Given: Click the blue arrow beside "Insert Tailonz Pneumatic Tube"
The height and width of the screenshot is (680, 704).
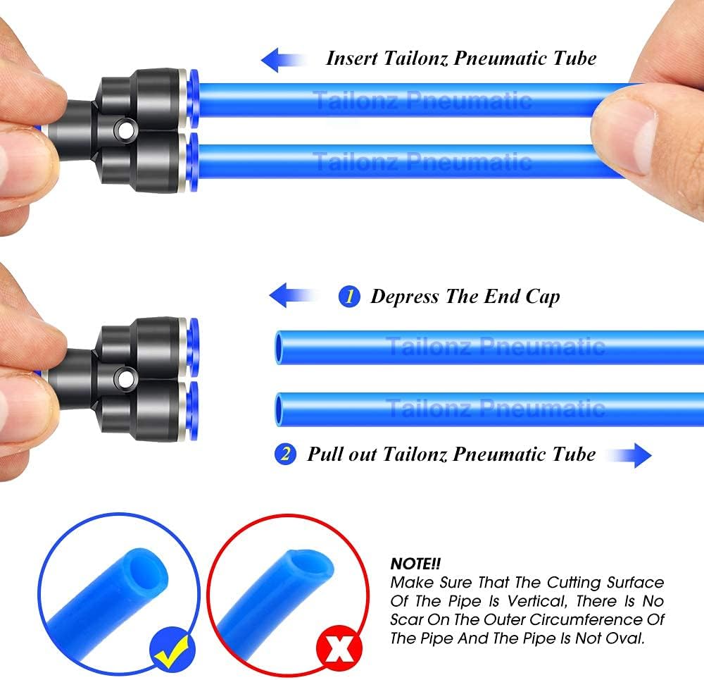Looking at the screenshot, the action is point(283,60).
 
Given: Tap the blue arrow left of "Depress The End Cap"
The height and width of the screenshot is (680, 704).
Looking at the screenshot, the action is point(292,295).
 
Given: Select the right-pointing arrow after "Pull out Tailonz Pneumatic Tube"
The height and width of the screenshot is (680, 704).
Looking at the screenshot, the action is point(629,455).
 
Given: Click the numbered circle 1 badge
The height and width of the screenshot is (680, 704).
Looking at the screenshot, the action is point(349,297).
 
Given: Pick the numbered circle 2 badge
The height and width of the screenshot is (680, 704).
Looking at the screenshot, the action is point(285,454).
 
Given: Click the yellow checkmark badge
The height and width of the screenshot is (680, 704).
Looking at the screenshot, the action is point(172,649).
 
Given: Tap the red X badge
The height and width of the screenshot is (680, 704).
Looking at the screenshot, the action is point(339,648).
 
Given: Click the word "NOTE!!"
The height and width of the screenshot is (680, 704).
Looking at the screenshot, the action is point(415,564).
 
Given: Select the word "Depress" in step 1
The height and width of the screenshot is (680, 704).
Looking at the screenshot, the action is point(405,297).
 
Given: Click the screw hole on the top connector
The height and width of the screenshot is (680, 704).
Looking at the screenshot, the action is point(125,130).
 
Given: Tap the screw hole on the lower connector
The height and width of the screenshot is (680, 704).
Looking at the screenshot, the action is point(125,378).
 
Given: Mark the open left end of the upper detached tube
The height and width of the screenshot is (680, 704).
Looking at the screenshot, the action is point(279,347).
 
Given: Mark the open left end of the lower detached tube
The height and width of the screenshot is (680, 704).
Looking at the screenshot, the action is point(279,409).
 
